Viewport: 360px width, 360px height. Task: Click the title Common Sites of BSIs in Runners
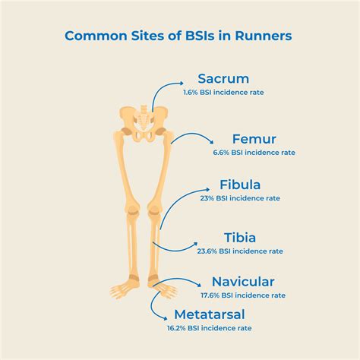(x=179, y=35)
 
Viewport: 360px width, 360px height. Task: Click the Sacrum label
(x=223, y=79)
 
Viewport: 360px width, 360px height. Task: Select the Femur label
(x=254, y=140)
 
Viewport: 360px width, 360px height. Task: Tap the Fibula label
(x=240, y=185)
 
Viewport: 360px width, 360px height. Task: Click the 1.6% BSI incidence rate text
(x=223, y=93)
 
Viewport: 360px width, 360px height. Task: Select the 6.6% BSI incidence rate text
(x=254, y=153)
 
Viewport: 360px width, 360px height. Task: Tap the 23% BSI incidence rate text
(x=240, y=198)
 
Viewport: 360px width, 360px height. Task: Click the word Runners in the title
(x=262, y=35)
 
